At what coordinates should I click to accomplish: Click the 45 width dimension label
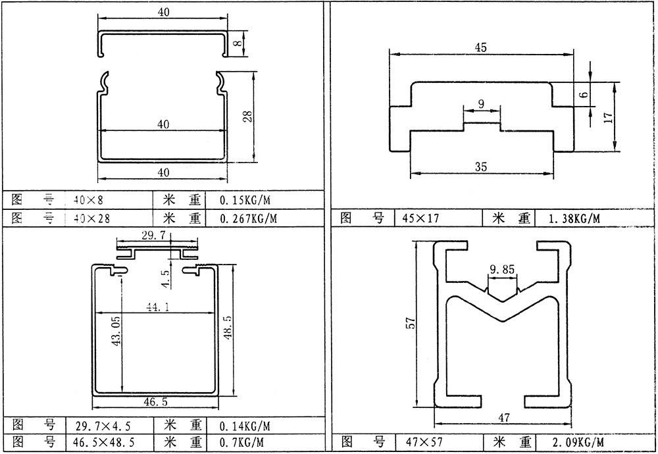(480, 47)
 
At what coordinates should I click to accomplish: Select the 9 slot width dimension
(481, 103)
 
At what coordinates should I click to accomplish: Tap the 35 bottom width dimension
(481, 166)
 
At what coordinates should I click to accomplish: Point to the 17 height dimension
(609, 116)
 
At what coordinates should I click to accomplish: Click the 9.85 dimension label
(502, 269)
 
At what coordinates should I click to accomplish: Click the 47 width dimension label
(503, 418)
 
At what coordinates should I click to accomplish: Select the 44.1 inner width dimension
(158, 307)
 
